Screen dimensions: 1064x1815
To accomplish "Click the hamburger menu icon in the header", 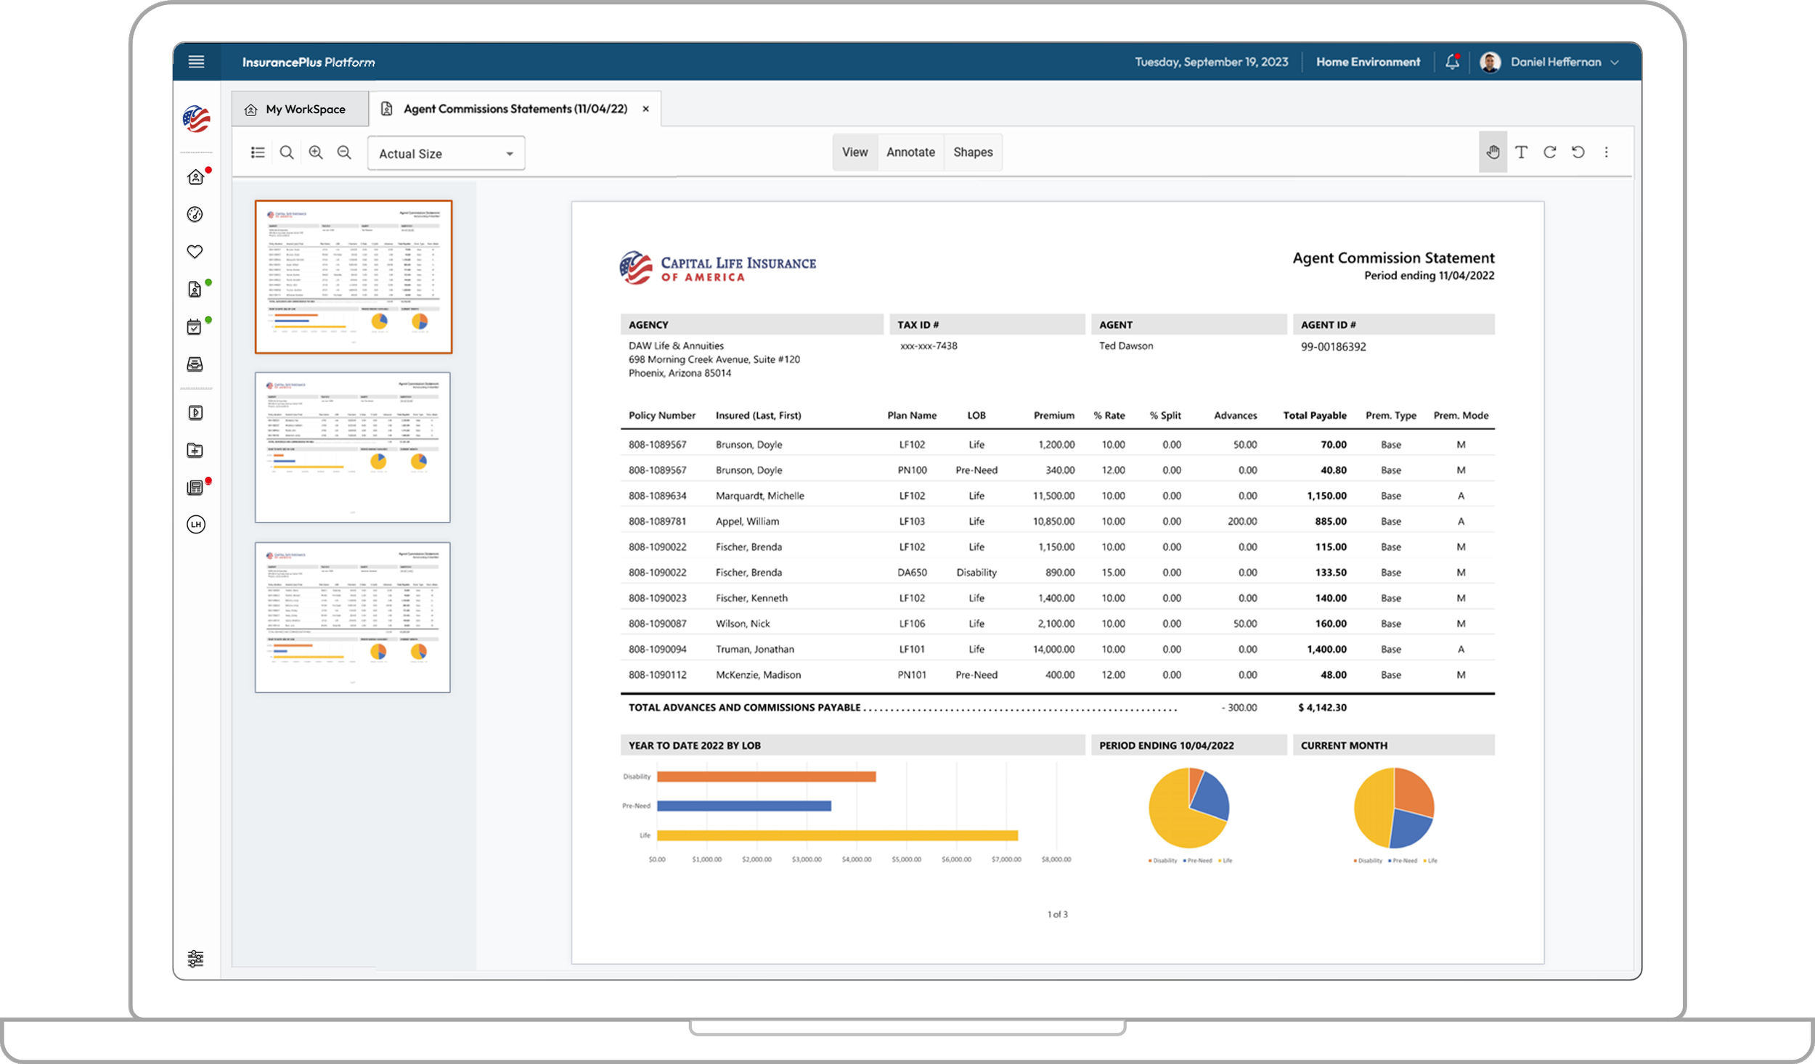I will click(196, 62).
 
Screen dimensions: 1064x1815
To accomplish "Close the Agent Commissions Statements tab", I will click(645, 109).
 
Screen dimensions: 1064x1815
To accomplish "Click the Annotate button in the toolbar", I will click(910, 152).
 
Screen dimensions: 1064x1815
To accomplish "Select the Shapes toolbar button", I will click(972, 152).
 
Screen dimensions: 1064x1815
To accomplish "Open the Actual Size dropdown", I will click(446, 154).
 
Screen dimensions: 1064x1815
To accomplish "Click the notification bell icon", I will click(1451, 62).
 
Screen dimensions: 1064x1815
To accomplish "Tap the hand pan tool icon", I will click(1493, 152).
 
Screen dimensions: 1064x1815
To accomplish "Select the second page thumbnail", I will click(353, 447).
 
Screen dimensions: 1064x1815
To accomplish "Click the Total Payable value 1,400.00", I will click(1326, 650).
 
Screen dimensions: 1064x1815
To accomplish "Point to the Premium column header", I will click(1053, 416).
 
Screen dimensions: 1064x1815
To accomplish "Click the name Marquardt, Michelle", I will click(759, 496).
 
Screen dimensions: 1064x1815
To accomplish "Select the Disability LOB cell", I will click(976, 573).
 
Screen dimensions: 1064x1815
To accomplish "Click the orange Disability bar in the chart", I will click(766, 777).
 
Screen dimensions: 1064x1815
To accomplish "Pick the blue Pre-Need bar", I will click(743, 806).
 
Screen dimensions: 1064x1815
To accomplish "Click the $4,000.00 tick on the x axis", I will click(856, 859).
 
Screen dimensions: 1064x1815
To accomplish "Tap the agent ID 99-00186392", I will click(1333, 347).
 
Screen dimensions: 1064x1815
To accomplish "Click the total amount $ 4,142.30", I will click(1322, 708).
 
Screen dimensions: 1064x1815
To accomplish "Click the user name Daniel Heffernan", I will click(1555, 62).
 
